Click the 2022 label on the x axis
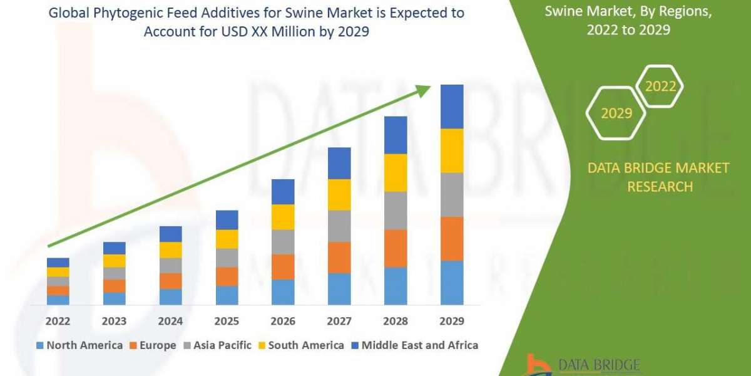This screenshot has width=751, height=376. click(58, 321)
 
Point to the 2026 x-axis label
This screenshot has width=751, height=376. click(283, 321)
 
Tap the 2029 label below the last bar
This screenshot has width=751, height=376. click(452, 321)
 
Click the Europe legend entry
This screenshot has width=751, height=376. click(153, 345)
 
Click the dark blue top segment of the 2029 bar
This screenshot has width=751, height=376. click(452, 107)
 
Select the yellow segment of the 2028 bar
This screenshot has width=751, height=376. click(396, 172)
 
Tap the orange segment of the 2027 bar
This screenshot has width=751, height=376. click(339, 257)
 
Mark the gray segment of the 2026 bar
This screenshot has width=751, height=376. click(283, 241)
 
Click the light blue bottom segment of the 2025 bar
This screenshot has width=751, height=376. click(227, 295)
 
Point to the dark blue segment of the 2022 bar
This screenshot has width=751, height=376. click(58, 262)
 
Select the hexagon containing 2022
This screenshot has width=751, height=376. click(660, 86)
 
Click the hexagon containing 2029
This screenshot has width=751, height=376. click(616, 113)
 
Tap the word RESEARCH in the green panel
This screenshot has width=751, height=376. click(660, 186)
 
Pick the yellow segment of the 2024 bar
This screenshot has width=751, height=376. click(170, 249)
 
